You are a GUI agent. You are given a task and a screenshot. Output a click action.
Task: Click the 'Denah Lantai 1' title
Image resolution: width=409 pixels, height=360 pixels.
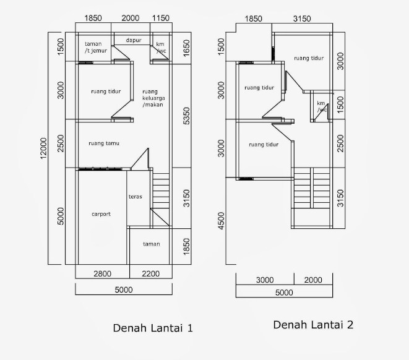(153, 328)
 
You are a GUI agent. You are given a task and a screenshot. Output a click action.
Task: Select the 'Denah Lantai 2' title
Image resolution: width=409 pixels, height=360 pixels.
(313, 324)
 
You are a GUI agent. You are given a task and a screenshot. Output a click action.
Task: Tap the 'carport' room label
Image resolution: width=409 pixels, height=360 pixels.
(101, 214)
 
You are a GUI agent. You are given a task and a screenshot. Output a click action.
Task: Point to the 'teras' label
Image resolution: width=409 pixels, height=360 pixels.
(136, 197)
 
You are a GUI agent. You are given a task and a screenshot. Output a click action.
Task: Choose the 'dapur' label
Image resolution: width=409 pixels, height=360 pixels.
(134, 40)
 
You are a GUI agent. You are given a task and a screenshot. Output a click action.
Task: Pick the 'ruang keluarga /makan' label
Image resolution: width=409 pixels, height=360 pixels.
(152, 97)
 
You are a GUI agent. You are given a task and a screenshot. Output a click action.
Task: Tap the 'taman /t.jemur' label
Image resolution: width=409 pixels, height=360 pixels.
(95, 48)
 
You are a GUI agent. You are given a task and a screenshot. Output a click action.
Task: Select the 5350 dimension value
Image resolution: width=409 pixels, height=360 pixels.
(186, 116)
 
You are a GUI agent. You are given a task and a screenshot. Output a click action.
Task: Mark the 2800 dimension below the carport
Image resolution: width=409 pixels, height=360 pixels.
(102, 273)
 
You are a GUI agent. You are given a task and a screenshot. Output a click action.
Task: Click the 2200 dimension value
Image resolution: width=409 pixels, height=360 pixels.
(150, 273)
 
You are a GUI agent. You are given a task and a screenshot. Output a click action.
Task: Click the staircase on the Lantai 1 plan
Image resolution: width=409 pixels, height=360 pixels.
(160, 192)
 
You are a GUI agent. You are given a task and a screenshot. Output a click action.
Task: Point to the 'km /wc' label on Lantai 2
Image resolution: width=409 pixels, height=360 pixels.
(321, 107)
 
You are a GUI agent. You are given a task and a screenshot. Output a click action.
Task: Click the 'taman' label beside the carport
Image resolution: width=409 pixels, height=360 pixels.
(151, 244)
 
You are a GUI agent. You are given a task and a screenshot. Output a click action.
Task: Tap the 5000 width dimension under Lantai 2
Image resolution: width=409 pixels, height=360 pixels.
(283, 293)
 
